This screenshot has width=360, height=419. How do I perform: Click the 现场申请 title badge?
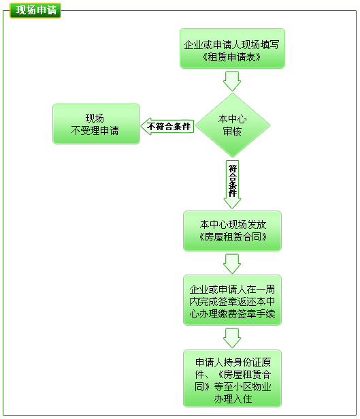[x=35, y=10]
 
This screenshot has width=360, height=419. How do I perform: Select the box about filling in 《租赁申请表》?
[x=232, y=48]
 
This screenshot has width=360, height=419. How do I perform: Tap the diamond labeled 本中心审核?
[x=233, y=125]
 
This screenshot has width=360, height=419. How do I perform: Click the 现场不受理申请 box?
[x=96, y=124]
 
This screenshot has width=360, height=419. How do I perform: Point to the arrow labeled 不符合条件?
[x=167, y=126]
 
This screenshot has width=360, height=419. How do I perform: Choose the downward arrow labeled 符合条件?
[x=232, y=185]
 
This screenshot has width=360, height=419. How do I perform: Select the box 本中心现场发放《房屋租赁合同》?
[x=232, y=231]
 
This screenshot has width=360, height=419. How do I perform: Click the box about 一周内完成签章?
[x=232, y=300]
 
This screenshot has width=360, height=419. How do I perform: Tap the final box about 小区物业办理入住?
[x=232, y=378]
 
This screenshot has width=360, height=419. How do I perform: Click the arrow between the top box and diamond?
[x=232, y=81]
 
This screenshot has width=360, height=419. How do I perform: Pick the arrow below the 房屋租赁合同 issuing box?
[x=232, y=264]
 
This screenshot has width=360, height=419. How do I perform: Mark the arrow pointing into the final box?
[x=232, y=338]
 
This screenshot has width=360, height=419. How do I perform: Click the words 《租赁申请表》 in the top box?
[x=231, y=57]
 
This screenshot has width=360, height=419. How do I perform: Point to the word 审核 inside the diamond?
[x=232, y=131]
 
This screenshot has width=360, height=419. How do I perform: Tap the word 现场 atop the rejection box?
[x=95, y=118]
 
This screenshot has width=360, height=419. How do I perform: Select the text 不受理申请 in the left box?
[x=95, y=130]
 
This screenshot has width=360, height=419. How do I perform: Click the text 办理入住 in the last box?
[x=233, y=399]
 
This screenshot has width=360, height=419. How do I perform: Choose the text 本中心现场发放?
[x=233, y=225]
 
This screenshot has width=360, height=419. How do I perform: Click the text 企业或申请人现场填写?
[x=231, y=45]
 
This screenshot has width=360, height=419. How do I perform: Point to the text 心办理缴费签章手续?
[x=232, y=313]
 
